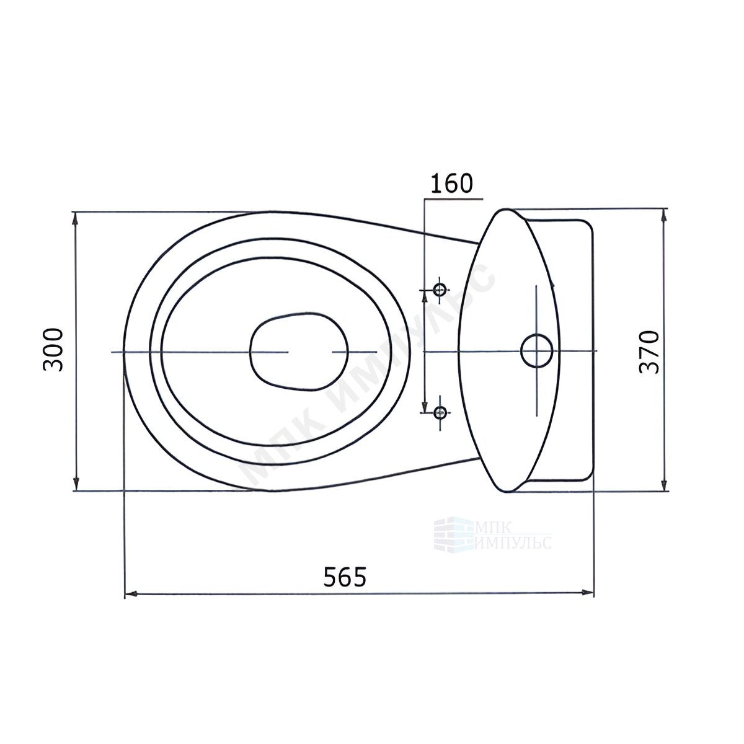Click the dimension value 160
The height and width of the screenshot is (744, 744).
(x=451, y=184)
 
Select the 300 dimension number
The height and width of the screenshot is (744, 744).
(x=53, y=350)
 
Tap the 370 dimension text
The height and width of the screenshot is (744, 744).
(x=649, y=352)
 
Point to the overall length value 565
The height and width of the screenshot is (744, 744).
(x=345, y=577)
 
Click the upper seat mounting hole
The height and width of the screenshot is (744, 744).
(x=440, y=289)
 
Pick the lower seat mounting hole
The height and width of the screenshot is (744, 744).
(x=440, y=413)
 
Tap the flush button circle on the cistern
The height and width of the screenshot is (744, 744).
(x=537, y=351)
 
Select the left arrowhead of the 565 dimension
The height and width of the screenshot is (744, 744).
(x=131, y=593)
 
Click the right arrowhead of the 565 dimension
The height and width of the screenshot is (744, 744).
(x=587, y=592)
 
